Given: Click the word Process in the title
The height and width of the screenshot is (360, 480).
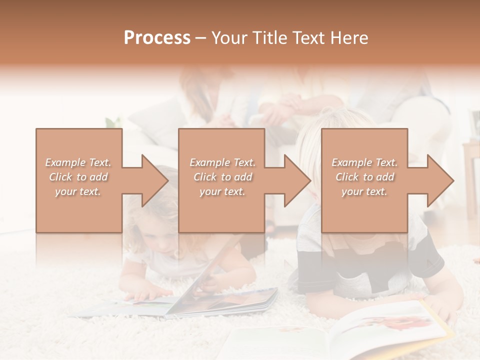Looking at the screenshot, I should click(157, 38).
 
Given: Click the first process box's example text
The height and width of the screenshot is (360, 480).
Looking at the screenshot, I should click(78, 177).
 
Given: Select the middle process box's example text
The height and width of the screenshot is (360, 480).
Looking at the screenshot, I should click(222, 177).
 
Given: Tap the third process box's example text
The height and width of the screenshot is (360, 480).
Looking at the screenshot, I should click(364, 177).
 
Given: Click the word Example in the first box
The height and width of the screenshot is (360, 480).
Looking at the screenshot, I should click(65, 162).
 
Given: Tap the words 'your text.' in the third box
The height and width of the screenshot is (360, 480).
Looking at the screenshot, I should click(364, 191).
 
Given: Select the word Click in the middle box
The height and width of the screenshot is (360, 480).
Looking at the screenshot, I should click(204, 177).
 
